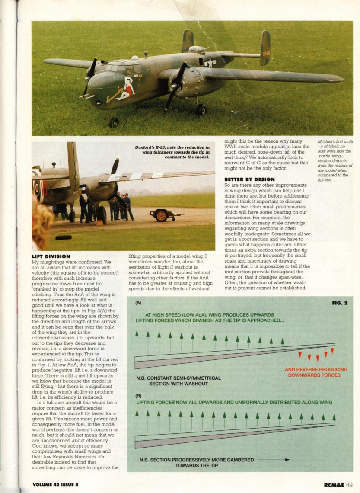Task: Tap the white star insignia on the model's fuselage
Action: (x=210, y=63)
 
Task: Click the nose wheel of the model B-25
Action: (x=114, y=122)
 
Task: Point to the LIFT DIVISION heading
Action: (x=51, y=257)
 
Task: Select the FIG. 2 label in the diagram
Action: (x=340, y=303)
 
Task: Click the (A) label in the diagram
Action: (x=138, y=303)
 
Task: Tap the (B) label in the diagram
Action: (x=138, y=395)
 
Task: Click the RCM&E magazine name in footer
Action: (x=334, y=484)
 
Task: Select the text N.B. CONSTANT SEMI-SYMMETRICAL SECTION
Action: (x=178, y=381)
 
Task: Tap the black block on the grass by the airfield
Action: (x=64, y=237)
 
